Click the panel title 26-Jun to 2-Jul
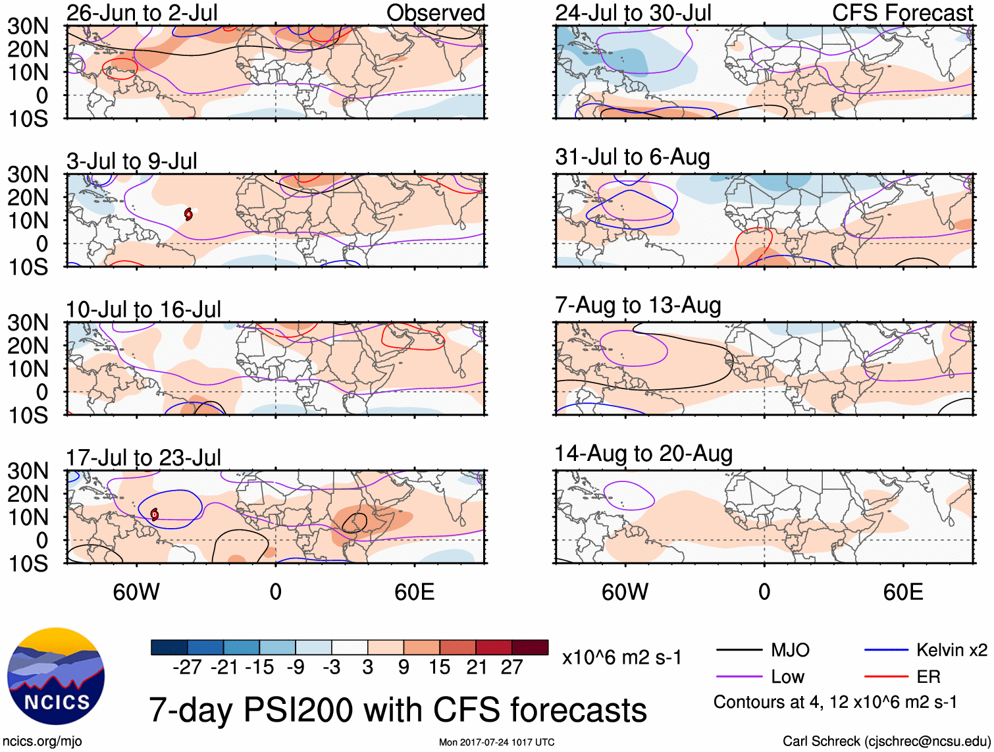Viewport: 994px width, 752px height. point(142,13)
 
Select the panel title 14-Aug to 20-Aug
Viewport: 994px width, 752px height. point(643,454)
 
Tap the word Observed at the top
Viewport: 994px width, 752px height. point(435,13)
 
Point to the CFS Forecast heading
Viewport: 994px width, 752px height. point(902,13)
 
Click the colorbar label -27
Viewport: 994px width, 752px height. point(187,668)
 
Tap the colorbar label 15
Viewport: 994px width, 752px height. point(439,668)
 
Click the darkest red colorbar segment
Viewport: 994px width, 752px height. point(530,647)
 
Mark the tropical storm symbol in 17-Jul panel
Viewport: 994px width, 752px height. point(155,514)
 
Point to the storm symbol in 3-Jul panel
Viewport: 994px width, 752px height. point(188,213)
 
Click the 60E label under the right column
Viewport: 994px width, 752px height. point(902,592)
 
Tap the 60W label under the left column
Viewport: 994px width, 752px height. point(136,592)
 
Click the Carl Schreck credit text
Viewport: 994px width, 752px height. point(886,741)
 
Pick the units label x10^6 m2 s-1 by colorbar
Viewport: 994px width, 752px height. point(621,657)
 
